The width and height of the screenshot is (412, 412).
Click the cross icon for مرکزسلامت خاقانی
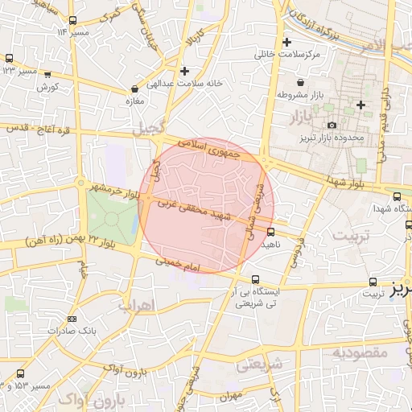pyautogui.click(x=287, y=42)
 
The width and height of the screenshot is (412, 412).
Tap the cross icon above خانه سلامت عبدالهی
pyautogui.click(x=185, y=71)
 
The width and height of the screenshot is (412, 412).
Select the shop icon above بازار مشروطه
pyautogui.click(x=300, y=82)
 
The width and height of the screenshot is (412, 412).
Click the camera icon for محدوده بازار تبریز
pyautogui.click(x=332, y=125)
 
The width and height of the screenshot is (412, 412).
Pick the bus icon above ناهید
pyautogui.click(x=270, y=232)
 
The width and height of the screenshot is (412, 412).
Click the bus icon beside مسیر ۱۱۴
pyautogui.click(x=74, y=20)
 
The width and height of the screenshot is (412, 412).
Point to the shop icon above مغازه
pyautogui.click(x=134, y=89)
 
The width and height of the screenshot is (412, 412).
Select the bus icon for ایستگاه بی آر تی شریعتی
pyautogui.click(x=256, y=279)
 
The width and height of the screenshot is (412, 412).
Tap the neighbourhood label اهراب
pyautogui.click(x=135, y=306)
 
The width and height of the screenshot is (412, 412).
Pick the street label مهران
pyautogui.click(x=229, y=396)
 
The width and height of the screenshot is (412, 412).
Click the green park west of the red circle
pyautogui.click(x=111, y=215)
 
